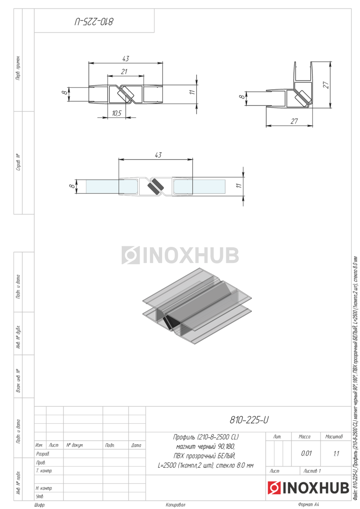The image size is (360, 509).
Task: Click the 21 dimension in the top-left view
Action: (x=124, y=72)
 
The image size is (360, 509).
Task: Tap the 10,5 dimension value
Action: (x=117, y=113)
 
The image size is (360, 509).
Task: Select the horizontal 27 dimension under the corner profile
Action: (x=294, y=121)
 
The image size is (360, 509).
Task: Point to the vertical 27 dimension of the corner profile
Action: (x=326, y=85)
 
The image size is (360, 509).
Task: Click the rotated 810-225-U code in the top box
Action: (x=94, y=22)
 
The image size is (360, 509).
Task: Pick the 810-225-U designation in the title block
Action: (x=249, y=420)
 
